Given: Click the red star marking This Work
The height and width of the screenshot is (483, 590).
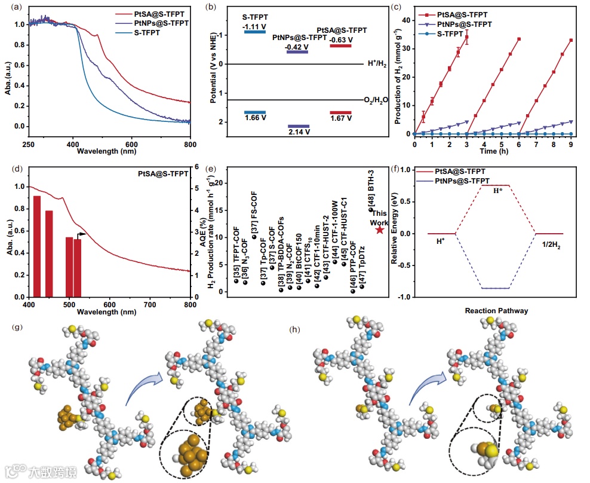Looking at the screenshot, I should (x=380, y=230).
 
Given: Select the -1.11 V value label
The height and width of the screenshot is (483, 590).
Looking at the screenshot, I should (x=254, y=27).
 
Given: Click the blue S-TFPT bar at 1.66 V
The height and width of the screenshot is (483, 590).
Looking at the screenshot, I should (x=255, y=112).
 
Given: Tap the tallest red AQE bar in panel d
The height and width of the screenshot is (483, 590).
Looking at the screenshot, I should (x=37, y=246).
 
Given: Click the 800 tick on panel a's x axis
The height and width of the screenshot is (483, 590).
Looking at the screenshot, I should (x=190, y=144).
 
